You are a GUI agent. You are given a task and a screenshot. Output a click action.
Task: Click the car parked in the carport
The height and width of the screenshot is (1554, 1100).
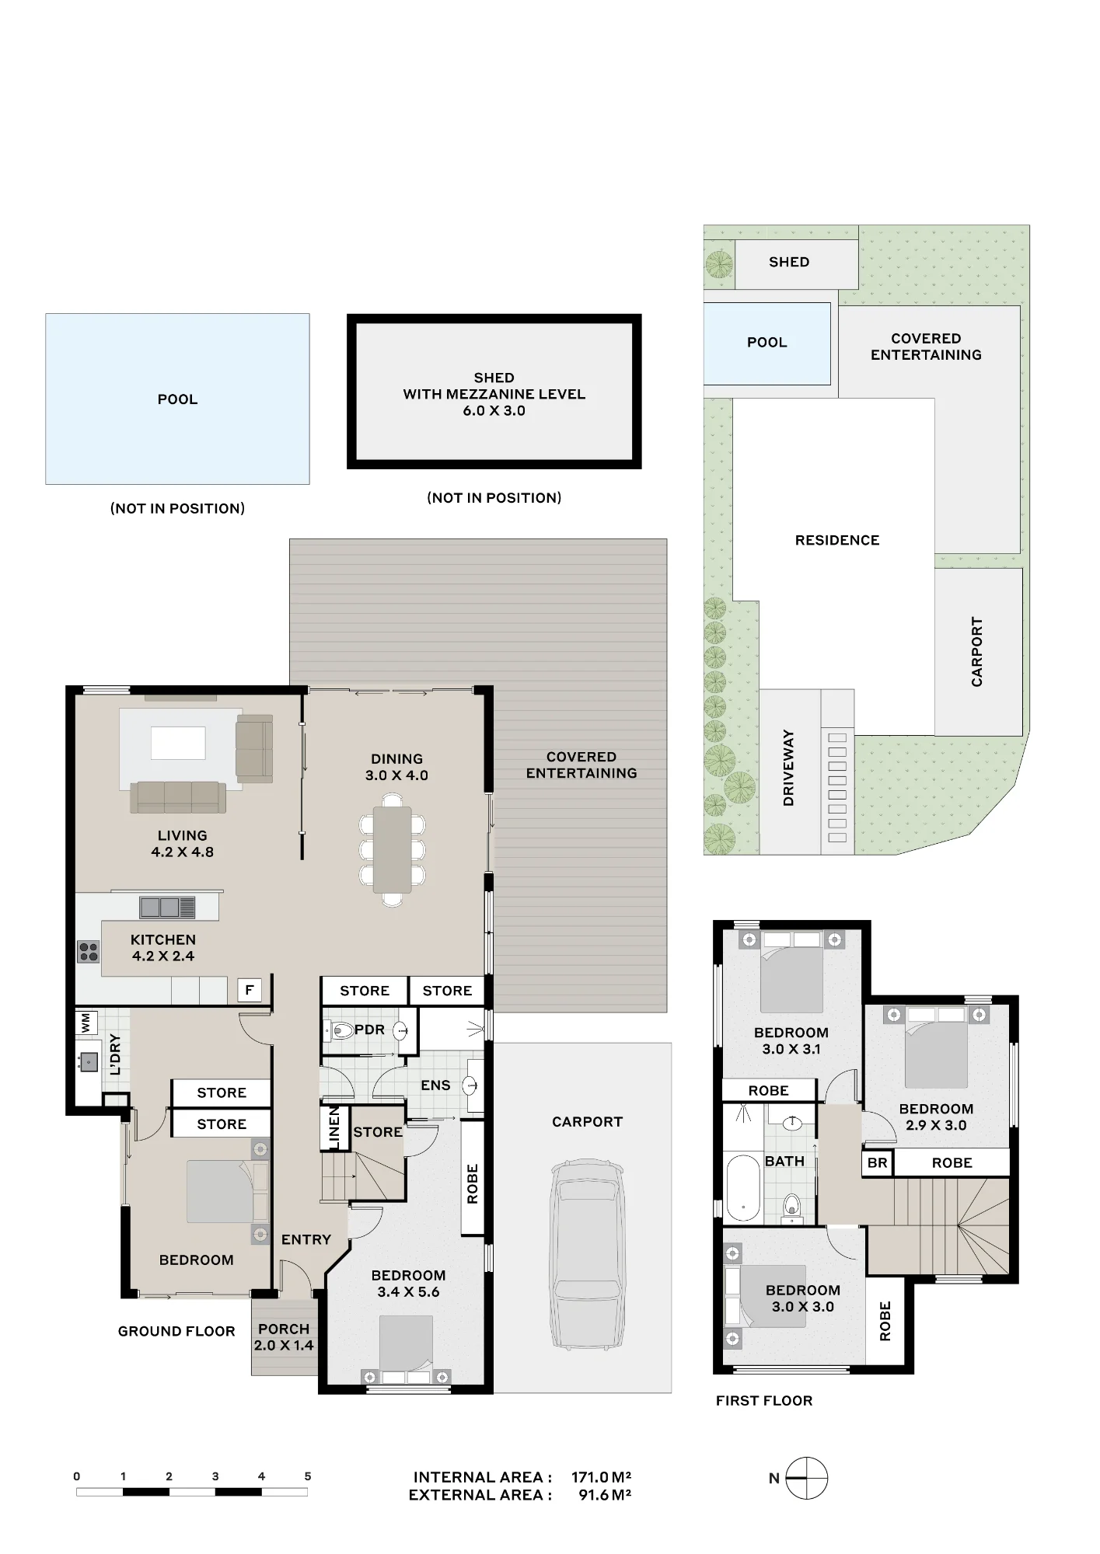tap(588, 1266)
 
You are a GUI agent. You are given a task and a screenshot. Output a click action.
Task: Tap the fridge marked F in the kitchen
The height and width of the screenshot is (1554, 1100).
tap(250, 990)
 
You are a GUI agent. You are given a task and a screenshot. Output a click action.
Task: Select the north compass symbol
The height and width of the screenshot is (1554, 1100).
tap(806, 1478)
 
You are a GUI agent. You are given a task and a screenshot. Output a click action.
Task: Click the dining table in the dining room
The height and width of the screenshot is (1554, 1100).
tap(393, 849)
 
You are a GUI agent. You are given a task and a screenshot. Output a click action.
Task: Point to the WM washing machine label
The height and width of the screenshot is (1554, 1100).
tap(86, 1022)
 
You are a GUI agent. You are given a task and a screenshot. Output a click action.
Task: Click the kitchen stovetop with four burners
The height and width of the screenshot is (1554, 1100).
tap(89, 952)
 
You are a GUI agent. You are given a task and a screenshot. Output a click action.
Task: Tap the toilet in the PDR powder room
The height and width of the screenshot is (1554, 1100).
tap(339, 1031)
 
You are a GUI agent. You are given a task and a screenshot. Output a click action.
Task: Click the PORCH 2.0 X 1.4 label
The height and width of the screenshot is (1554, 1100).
tap(284, 1337)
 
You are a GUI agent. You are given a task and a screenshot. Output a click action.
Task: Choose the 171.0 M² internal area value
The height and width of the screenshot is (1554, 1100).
tap(601, 1477)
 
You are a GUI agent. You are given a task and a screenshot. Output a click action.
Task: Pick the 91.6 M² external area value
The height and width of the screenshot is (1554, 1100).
tap(605, 1495)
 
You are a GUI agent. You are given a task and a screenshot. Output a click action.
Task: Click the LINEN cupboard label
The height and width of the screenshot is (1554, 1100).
tap(334, 1127)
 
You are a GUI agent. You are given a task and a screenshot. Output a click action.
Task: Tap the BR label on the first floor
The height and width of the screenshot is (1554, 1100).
tap(877, 1163)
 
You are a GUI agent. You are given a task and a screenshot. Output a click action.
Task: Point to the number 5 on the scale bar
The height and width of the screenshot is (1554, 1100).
tap(308, 1476)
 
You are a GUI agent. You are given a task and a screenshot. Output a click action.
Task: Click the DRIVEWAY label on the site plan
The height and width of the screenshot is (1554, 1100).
tap(788, 768)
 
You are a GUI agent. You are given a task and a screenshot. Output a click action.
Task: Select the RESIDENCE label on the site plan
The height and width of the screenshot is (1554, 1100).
tap(837, 540)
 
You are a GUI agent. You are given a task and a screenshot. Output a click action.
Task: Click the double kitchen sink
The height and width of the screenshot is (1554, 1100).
tap(167, 907)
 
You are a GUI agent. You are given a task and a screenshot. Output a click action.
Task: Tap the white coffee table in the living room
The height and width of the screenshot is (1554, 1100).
tap(178, 743)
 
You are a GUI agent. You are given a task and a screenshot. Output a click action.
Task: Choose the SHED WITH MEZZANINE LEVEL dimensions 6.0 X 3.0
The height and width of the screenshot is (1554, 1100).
tap(494, 411)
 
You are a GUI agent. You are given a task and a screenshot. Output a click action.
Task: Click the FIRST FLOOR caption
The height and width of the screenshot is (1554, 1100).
tap(764, 1401)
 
